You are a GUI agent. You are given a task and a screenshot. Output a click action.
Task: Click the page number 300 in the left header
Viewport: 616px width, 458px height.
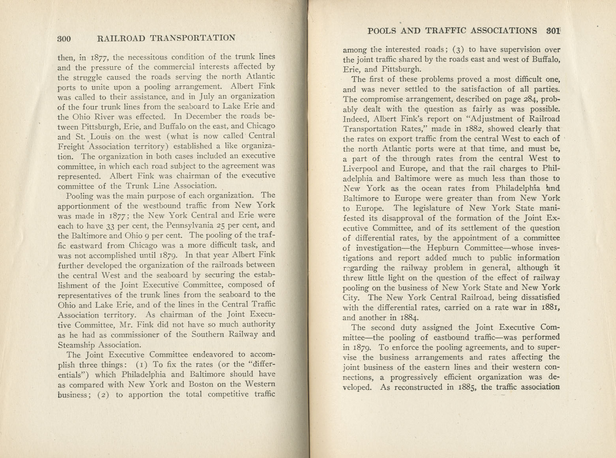[x=64, y=38]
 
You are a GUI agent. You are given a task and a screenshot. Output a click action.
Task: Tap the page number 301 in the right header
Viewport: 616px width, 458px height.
[x=551, y=30]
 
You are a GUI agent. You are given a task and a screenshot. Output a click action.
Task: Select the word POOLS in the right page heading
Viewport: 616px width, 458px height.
[x=382, y=30]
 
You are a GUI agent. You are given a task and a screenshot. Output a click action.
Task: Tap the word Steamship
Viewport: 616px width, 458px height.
[x=74, y=344]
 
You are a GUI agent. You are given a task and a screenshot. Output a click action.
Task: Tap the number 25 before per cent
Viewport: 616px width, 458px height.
[x=213, y=225]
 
